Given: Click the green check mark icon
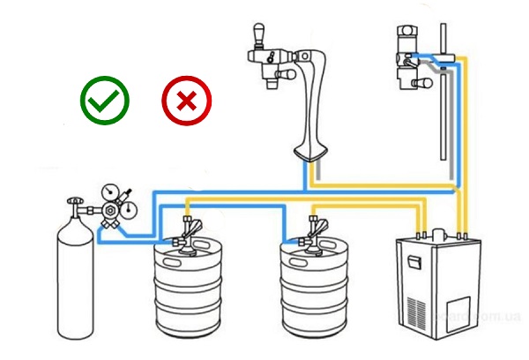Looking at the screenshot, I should (105, 99).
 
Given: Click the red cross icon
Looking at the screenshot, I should (185, 100).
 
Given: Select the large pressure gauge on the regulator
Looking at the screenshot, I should (113, 191).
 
